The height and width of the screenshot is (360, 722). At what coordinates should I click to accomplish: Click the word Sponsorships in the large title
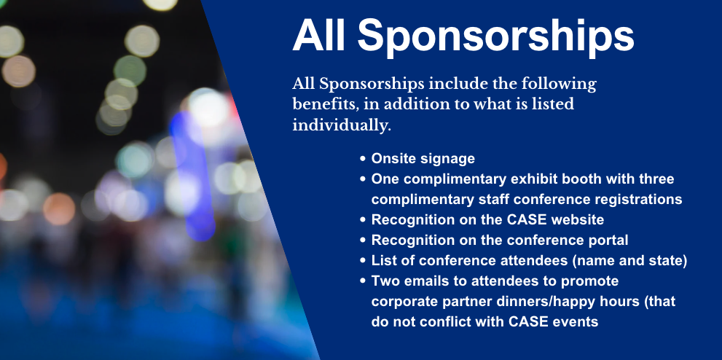495,36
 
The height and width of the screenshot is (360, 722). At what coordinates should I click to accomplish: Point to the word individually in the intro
340,125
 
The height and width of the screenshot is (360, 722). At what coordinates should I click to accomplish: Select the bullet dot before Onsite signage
363,158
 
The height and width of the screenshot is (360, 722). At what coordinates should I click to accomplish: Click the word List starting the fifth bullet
384,260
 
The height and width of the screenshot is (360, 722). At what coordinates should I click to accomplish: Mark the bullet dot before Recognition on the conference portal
363,240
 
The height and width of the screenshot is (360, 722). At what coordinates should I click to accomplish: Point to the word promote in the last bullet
594,281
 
